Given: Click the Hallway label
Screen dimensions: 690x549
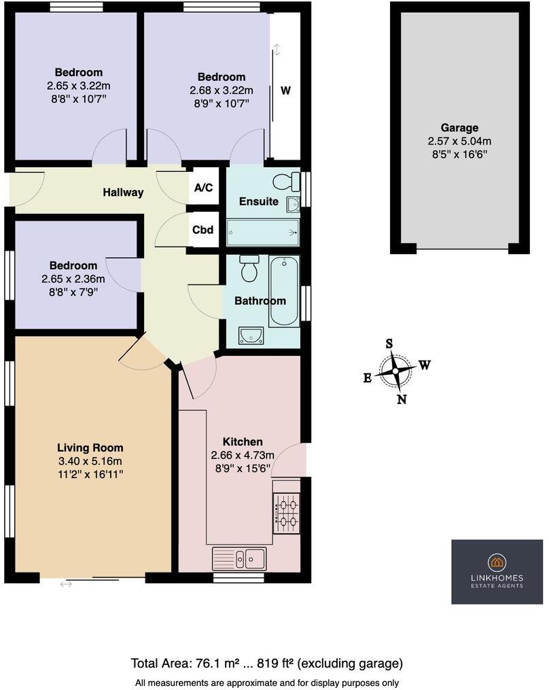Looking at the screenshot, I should pyautogui.click(x=123, y=192).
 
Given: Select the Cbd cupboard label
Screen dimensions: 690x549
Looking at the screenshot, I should pyautogui.click(x=203, y=230).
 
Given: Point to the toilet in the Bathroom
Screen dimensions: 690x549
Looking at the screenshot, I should pyautogui.click(x=249, y=268).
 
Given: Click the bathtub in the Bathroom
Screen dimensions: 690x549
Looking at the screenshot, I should pyautogui.click(x=283, y=291).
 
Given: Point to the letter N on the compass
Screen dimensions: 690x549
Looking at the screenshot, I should pyautogui.click(x=402, y=399).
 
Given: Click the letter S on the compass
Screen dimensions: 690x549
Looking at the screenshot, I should pyautogui.click(x=389, y=344).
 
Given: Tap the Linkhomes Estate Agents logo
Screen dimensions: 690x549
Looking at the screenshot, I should pyautogui.click(x=497, y=571).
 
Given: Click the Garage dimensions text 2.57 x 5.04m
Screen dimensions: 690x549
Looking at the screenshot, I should pyautogui.click(x=459, y=141).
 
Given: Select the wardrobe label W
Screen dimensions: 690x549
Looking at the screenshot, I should pyautogui.click(x=286, y=90).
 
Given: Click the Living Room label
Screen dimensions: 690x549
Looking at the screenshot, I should pyautogui.click(x=90, y=448).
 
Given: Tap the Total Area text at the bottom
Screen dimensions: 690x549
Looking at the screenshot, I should pyautogui.click(x=266, y=663).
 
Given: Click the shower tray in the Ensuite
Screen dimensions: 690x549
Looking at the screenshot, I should pyautogui.click(x=262, y=233).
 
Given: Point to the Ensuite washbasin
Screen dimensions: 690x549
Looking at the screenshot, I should pyautogui.click(x=293, y=203).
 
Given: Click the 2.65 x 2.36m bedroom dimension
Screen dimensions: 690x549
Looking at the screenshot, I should pyautogui.click(x=76, y=278).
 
